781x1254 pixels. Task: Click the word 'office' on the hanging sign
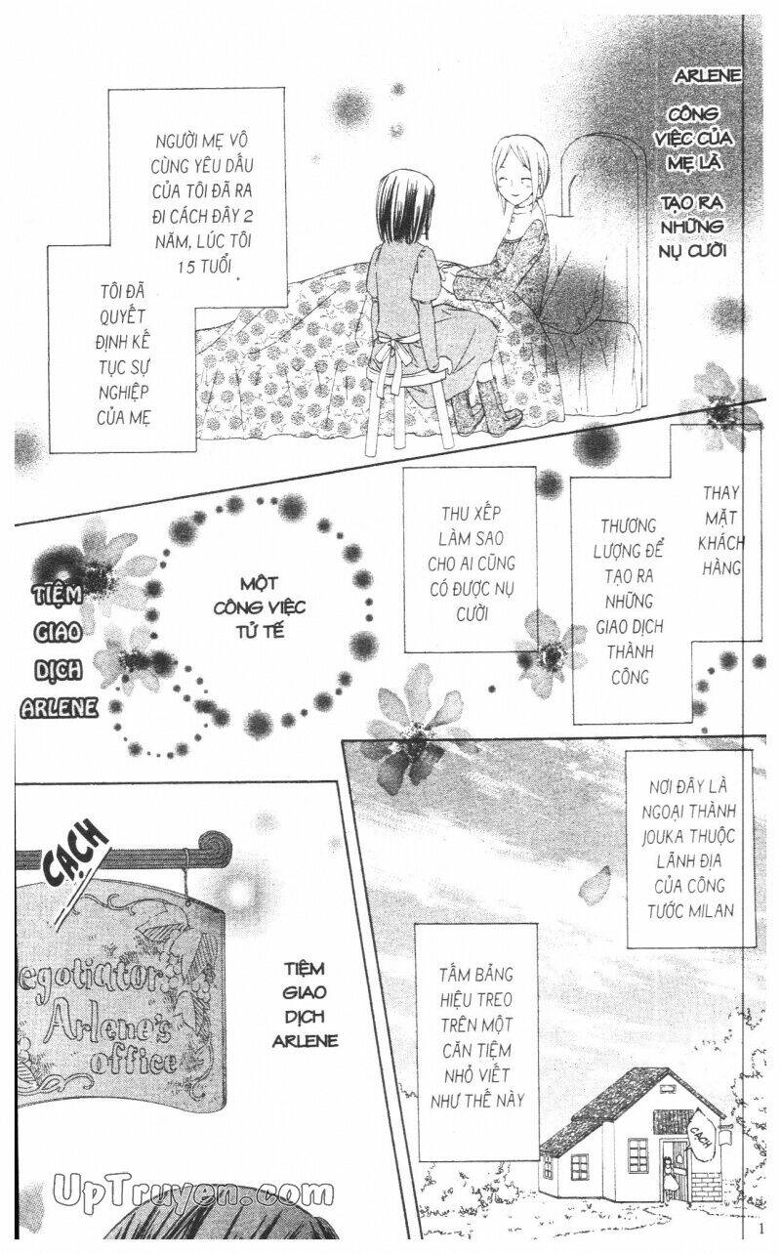(133, 1061)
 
